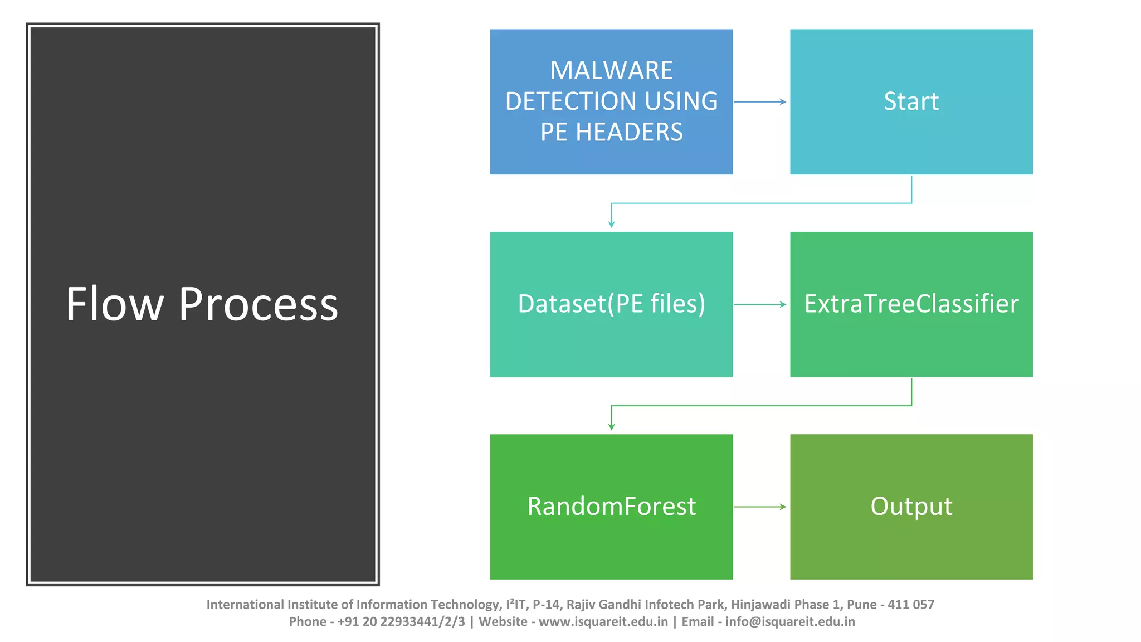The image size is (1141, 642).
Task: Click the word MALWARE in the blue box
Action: (x=611, y=71)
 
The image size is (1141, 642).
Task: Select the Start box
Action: (x=911, y=101)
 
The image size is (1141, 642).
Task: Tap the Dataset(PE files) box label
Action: (x=611, y=304)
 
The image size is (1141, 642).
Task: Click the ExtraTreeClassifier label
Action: (x=911, y=304)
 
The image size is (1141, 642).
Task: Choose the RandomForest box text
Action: (x=611, y=506)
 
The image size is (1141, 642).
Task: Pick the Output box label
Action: (x=911, y=506)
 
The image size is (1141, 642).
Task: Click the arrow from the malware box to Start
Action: (x=760, y=102)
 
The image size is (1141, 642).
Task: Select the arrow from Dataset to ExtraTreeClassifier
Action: (x=760, y=304)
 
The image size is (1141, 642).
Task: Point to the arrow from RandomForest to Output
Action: (x=760, y=507)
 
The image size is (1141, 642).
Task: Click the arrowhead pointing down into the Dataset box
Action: (x=611, y=224)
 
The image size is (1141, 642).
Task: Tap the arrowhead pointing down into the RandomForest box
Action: (x=611, y=426)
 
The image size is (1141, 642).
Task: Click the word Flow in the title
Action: (x=115, y=304)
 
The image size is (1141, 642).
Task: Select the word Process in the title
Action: (x=258, y=304)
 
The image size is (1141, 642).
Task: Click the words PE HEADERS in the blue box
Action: (x=611, y=132)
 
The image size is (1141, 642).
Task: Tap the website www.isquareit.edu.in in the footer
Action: (x=603, y=621)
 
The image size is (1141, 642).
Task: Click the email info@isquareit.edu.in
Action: (x=789, y=621)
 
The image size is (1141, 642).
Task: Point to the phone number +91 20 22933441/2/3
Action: (x=401, y=621)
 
